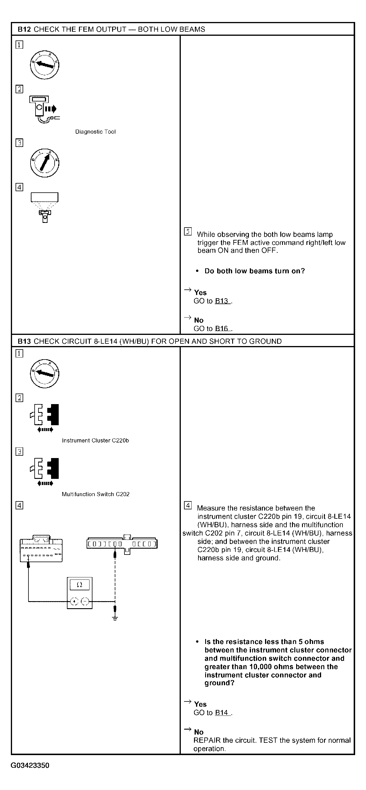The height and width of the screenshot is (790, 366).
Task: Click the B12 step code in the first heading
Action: click(24, 29)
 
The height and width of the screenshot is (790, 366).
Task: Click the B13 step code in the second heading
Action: click(24, 341)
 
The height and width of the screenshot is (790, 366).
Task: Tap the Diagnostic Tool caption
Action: click(95, 132)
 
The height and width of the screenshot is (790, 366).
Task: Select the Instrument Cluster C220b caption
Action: click(95, 440)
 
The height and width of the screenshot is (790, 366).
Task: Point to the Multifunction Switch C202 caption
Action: click(95, 494)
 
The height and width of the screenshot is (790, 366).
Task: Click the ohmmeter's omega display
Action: click(80, 584)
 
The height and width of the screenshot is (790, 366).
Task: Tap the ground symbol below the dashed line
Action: click(115, 618)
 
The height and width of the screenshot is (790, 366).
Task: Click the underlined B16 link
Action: click(222, 328)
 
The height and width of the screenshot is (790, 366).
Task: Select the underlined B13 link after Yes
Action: click(222, 301)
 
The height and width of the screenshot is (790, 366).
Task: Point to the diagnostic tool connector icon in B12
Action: click(45, 109)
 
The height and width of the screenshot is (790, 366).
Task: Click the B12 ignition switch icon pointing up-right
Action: click(45, 162)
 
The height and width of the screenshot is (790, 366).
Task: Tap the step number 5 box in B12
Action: click(188, 232)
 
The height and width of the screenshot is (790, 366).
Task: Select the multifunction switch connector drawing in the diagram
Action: click(122, 545)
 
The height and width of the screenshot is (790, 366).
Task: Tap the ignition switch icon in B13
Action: click(45, 373)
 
